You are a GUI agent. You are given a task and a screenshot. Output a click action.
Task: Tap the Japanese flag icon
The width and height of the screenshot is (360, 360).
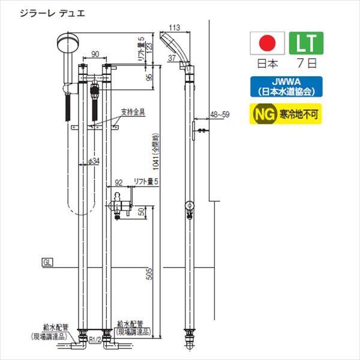pos(265,44)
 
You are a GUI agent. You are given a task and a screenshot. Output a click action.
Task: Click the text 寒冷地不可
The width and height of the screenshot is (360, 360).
pos(299,114)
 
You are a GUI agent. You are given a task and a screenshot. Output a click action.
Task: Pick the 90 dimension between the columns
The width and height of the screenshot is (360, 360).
pos(95,54)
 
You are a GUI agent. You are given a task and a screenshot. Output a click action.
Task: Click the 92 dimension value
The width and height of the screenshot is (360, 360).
pos(119,180)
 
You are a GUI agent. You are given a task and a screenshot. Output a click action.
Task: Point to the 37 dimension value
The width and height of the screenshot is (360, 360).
pos(172,58)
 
